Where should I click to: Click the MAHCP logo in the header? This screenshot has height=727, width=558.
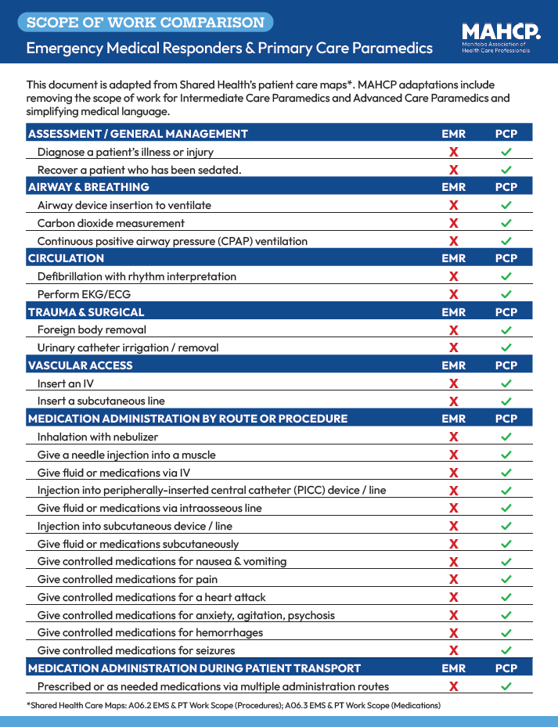tap(501, 37)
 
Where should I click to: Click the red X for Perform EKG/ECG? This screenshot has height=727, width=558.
tap(453, 294)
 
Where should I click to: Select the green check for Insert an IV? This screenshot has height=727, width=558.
tap(506, 383)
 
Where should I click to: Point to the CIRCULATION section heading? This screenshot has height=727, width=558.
tap(66, 258)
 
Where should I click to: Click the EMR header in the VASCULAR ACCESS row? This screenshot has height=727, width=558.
tap(453, 365)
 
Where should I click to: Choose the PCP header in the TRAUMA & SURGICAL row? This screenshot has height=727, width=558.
tap(506, 312)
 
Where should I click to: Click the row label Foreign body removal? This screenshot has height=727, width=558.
tap(92, 329)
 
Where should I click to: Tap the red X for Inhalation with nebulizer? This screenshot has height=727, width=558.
tap(453, 437)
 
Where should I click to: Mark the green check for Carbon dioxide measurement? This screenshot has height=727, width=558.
tap(506, 223)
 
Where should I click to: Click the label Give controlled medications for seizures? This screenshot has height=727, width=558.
tap(136, 650)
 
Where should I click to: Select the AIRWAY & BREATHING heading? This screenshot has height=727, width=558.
tap(88, 187)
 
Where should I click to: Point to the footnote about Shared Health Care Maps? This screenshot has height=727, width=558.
tap(233, 705)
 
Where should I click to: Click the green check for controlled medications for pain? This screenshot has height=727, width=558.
tap(506, 579)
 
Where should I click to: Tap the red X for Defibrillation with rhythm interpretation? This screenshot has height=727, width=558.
tap(453, 276)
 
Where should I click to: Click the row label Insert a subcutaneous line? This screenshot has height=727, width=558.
tap(101, 401)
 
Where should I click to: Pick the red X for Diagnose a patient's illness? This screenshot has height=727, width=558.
tap(453, 152)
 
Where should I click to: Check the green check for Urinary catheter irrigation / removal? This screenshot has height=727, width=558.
tap(506, 347)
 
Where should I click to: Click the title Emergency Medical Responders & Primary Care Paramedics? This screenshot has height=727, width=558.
tap(229, 49)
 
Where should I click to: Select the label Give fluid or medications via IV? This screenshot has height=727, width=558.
tap(113, 473)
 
